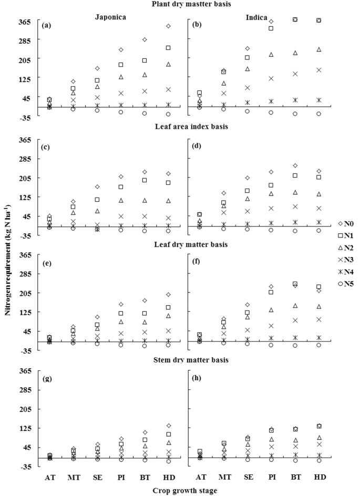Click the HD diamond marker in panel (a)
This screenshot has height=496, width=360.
tap(168, 26)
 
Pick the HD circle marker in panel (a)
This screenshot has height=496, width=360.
tap(168, 114)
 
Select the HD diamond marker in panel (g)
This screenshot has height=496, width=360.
tap(168, 426)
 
